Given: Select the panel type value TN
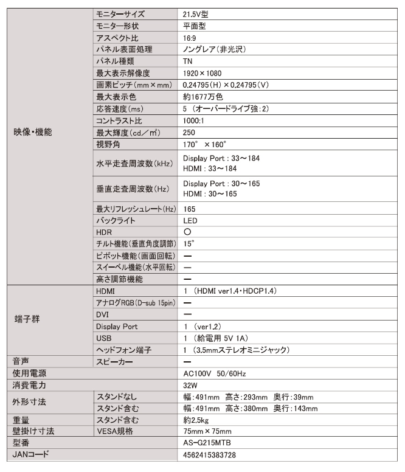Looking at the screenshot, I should [188, 61].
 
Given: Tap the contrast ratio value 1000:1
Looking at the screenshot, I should [195, 120].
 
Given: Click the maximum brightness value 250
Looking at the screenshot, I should [189, 132].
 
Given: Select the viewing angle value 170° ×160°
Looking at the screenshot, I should [204, 144].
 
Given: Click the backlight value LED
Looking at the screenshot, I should [190, 220].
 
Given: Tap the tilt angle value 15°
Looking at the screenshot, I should [189, 244].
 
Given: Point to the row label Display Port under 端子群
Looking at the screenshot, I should [117, 327].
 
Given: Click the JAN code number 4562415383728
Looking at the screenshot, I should [210, 455].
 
